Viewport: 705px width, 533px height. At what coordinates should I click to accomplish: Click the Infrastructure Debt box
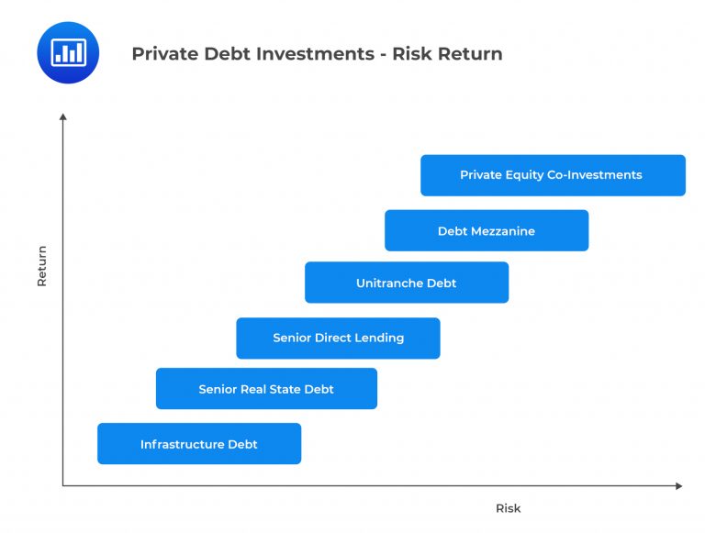click(x=199, y=444)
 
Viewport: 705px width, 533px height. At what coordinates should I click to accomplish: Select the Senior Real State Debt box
click(x=266, y=389)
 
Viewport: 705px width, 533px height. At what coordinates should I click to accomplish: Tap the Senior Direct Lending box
click(x=338, y=338)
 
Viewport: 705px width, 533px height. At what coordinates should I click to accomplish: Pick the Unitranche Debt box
click(x=406, y=283)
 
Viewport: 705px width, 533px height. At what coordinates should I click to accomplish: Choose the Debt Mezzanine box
click(x=486, y=231)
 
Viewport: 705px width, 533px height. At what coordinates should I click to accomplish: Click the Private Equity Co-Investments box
click(x=552, y=175)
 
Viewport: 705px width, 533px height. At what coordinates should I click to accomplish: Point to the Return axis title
click(x=41, y=265)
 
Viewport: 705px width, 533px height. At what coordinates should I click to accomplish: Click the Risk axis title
click(x=508, y=508)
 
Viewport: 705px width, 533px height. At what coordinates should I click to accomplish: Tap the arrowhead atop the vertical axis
click(x=63, y=117)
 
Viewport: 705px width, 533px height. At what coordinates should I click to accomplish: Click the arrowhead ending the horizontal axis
click(x=678, y=485)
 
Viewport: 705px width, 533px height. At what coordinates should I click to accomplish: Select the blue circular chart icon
click(x=68, y=53)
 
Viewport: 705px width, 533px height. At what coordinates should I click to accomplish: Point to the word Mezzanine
click(x=504, y=231)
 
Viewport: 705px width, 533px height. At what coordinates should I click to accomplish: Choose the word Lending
click(x=381, y=338)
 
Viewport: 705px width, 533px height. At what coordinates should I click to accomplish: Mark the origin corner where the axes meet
click(x=63, y=485)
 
